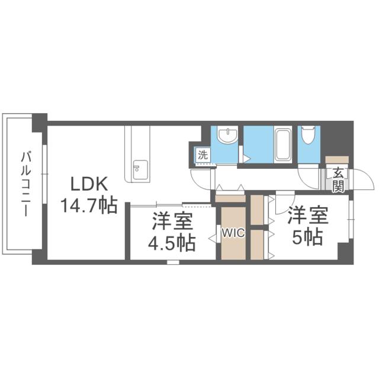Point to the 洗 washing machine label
[203, 156]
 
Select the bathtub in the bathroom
[283, 144]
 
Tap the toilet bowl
[308, 137]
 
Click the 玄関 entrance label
[338, 180]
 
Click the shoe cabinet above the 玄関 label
[337, 160]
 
